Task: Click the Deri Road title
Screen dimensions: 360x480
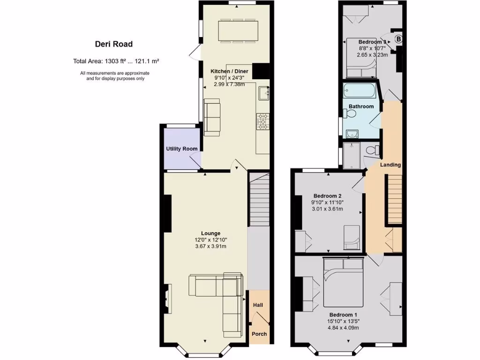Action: (113, 45)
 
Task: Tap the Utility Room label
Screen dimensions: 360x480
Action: (182, 149)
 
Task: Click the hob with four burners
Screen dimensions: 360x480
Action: (262, 121)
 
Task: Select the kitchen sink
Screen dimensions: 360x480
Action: (262, 94)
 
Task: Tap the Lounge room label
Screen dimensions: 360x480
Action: (210, 233)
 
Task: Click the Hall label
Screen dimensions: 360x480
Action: (258, 305)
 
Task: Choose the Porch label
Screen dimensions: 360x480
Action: (259, 334)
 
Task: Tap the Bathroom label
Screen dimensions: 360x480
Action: (361, 106)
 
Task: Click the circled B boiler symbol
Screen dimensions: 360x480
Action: (398, 39)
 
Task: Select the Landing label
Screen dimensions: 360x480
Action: (390, 165)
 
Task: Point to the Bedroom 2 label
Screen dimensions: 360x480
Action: (327, 195)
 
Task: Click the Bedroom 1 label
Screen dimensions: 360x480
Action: (343, 315)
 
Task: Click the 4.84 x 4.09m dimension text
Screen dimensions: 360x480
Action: (343, 328)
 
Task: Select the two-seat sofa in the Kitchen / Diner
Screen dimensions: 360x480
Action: (212, 117)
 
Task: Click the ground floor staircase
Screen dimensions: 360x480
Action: (259, 199)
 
